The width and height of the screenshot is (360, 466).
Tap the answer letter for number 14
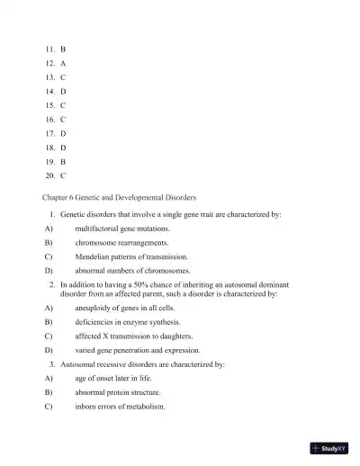click(63, 91)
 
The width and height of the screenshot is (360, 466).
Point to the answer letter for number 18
click(63, 147)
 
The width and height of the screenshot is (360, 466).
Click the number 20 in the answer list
click(49, 175)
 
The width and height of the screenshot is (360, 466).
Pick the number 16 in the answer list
click(49, 119)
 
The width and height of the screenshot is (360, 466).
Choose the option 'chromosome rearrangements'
click(121, 242)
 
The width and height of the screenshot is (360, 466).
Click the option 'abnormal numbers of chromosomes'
click(132, 270)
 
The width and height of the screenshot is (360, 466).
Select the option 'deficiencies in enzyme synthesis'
click(128, 321)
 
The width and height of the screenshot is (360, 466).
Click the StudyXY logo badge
click(328, 447)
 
